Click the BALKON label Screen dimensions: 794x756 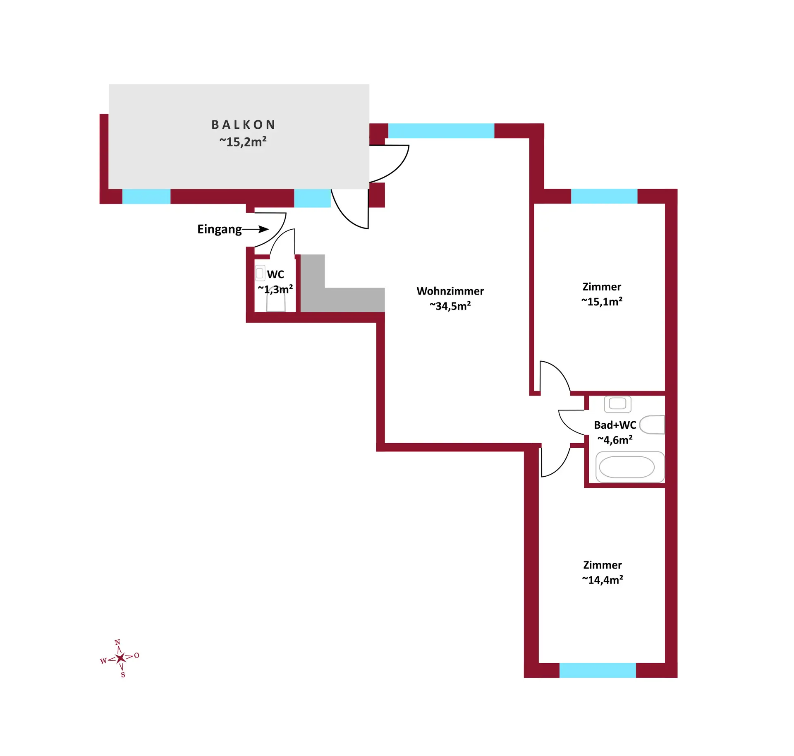[243, 125]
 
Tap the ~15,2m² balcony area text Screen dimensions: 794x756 [243, 142]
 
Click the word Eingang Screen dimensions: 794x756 [220, 229]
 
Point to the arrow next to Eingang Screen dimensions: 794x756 [256, 229]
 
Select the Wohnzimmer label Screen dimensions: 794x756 [450, 291]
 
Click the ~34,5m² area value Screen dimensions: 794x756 [450, 306]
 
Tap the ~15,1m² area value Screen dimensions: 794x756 [602, 301]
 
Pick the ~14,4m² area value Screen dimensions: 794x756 [602, 580]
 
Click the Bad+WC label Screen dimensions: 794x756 [615, 425]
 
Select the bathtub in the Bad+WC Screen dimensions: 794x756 [630, 467]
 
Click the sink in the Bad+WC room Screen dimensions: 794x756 [617, 404]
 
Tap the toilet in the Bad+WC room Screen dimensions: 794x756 [652, 425]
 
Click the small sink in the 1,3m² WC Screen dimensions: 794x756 [260, 273]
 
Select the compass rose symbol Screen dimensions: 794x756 [120, 658]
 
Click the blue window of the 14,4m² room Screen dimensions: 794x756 [598, 670]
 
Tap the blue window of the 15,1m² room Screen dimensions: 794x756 [604, 196]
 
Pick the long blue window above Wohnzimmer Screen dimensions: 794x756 [441, 131]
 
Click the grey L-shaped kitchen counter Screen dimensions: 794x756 [342, 283]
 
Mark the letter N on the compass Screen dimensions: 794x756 [117, 642]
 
